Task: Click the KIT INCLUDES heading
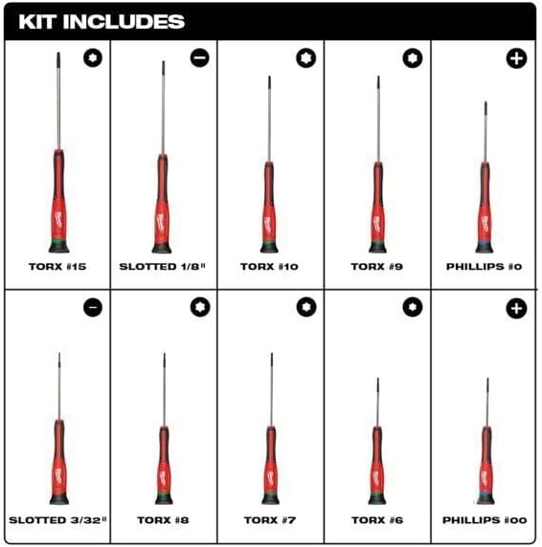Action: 102,22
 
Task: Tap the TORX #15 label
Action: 57,267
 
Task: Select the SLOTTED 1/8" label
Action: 163,267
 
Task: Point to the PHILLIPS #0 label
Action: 484,267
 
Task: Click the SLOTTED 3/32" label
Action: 57,520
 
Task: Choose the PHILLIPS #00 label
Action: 485,520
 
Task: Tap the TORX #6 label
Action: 377,520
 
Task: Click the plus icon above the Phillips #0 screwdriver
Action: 516,58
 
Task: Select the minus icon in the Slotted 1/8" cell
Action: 200,57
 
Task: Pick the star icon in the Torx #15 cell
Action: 93,57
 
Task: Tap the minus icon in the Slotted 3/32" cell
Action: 93,307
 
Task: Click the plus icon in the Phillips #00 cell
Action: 516,308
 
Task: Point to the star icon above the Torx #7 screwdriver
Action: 306,307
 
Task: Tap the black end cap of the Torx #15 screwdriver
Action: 59,247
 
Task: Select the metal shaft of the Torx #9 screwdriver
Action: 378,120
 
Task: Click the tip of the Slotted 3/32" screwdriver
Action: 59,354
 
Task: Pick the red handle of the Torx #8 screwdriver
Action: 164,461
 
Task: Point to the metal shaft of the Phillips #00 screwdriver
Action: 487,403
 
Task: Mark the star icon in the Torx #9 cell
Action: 413,58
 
